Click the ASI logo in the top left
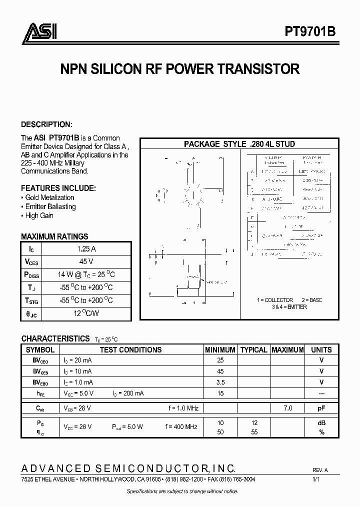click(39, 32)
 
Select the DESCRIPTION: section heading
click(46, 124)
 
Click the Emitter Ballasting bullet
click(48, 206)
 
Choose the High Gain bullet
click(37, 215)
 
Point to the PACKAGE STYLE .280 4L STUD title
click(239, 144)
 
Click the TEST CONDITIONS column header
click(130, 350)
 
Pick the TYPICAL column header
click(253, 350)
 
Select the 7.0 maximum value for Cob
click(287, 408)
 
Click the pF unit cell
click(321, 408)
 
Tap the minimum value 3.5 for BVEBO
click(220, 382)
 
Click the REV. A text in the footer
click(320, 470)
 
